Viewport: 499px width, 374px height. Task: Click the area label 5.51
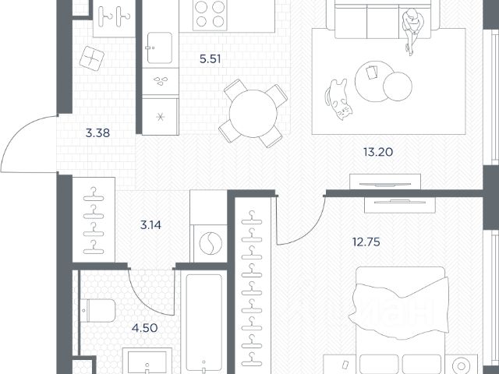[x=210, y=59]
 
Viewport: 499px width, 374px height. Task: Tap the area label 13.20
[x=378, y=152]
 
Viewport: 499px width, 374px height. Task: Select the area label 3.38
[x=97, y=133]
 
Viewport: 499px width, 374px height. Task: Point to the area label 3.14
[x=150, y=225]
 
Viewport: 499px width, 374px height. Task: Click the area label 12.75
[x=366, y=242]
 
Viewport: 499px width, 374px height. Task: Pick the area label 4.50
[x=145, y=328]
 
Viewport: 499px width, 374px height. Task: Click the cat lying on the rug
[x=338, y=99]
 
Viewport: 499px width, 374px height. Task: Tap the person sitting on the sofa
[x=412, y=30]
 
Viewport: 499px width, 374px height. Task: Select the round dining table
[x=253, y=114]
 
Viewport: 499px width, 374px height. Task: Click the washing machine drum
[x=211, y=243]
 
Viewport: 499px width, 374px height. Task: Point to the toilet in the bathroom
[x=97, y=311]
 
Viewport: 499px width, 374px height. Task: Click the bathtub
[x=204, y=322]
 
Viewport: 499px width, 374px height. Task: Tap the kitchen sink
[x=159, y=48]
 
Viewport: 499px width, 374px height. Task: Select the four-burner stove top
[x=210, y=14]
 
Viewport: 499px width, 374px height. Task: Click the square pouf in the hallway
[x=92, y=58]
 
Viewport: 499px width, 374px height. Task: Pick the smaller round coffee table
[x=398, y=86]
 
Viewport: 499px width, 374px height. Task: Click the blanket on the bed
[x=399, y=307]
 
